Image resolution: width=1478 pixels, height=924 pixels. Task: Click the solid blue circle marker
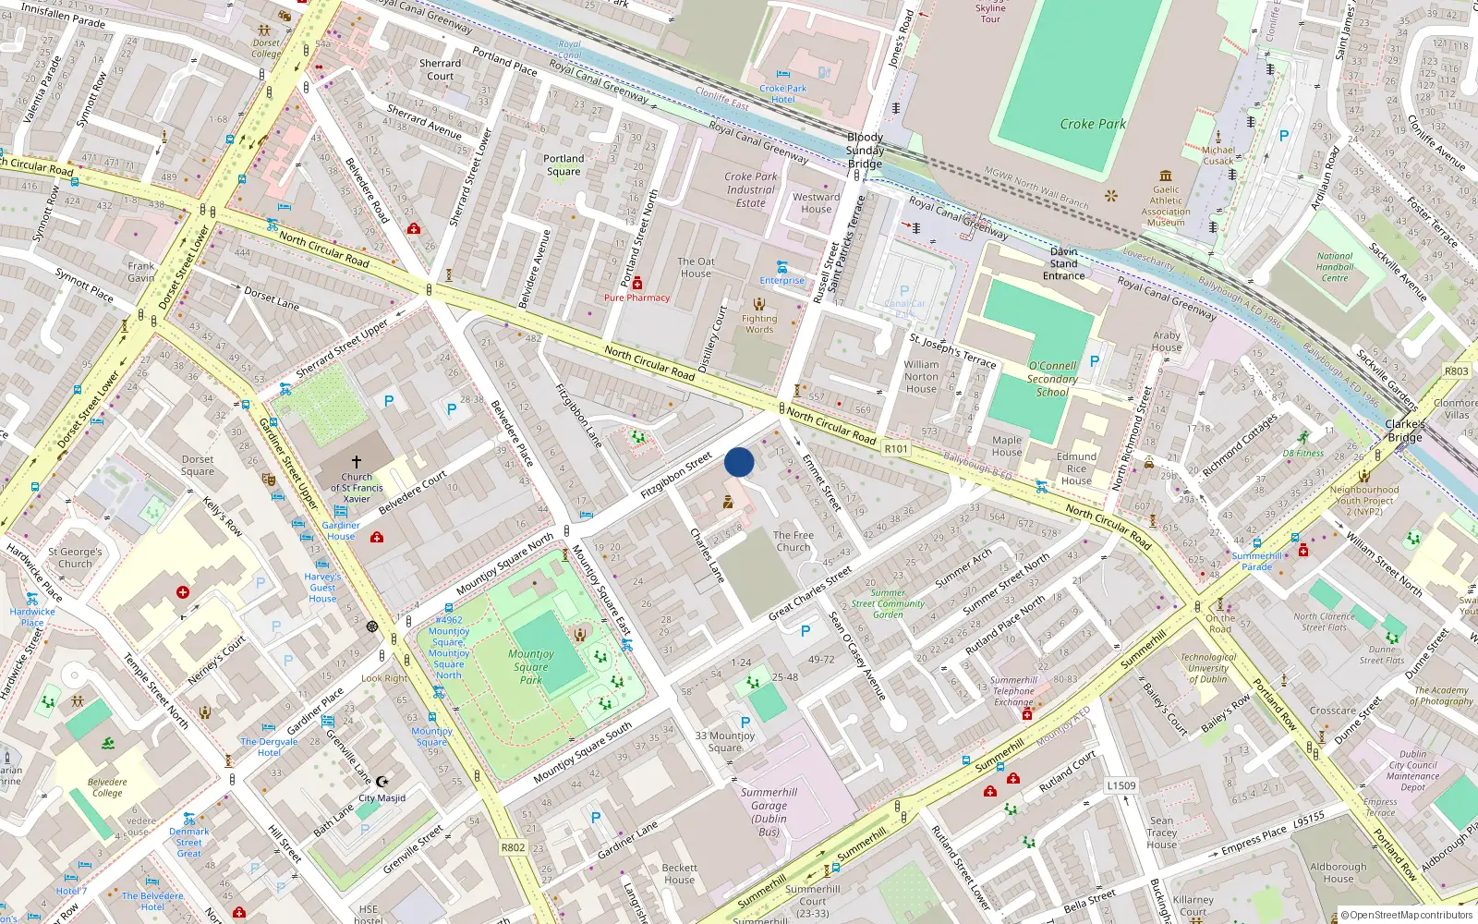pyautogui.click(x=739, y=462)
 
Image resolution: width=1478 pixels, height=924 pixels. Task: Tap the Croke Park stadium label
pyautogui.click(x=1092, y=124)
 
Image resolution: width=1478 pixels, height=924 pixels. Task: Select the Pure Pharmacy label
pyautogui.click(x=636, y=298)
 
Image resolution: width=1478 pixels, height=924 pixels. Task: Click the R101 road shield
pyautogui.click(x=896, y=449)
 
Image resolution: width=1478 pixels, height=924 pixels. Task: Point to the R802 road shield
pyautogui.click(x=513, y=847)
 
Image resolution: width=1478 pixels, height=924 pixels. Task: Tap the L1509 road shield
pyautogui.click(x=1121, y=785)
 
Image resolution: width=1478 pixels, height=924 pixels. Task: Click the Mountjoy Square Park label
pyautogui.click(x=530, y=666)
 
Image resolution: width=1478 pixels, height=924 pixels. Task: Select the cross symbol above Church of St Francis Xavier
pyautogui.click(x=357, y=461)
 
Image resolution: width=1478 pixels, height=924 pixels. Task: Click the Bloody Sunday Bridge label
pyautogui.click(x=865, y=151)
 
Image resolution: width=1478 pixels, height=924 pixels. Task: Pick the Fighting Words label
pyautogui.click(x=759, y=323)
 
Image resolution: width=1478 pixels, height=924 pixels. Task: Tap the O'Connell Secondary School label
pyautogui.click(x=1052, y=379)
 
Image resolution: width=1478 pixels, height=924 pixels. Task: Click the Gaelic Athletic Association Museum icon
pyautogui.click(x=1166, y=176)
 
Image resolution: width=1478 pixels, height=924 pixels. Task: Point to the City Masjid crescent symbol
pyautogui.click(x=382, y=782)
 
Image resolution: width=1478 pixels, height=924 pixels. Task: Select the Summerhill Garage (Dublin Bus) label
pyautogui.click(x=769, y=812)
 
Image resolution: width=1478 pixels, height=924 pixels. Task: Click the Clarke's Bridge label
pyautogui.click(x=1405, y=431)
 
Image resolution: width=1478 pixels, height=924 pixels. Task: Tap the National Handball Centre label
pyautogui.click(x=1335, y=267)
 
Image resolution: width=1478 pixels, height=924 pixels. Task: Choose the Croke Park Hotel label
pyautogui.click(x=783, y=94)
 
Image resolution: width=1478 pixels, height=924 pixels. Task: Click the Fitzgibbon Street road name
pyautogui.click(x=676, y=475)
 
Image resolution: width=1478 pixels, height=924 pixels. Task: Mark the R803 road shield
pyautogui.click(x=1456, y=371)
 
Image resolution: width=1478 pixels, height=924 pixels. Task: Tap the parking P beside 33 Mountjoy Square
pyautogui.click(x=745, y=723)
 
